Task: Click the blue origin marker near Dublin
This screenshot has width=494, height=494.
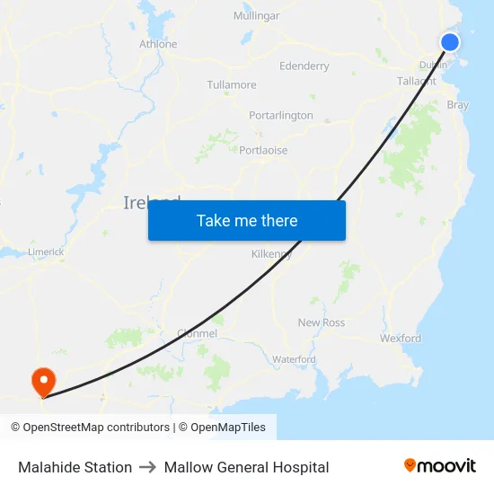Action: coord(450,42)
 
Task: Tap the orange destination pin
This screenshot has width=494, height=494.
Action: coord(42,381)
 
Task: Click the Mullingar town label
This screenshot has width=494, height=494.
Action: coord(256,16)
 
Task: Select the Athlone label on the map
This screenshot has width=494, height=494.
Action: coord(158,44)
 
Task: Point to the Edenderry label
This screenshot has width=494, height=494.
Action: coord(304,66)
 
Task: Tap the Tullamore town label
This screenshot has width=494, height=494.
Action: coord(232,85)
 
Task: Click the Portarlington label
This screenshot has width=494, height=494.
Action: coord(281,116)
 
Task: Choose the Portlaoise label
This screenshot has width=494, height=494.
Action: coord(263,150)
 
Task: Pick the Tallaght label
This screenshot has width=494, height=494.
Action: coord(417,81)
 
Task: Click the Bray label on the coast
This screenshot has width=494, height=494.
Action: coord(457,105)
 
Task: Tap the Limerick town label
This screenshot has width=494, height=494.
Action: coord(46,252)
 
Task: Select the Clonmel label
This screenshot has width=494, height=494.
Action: coord(197,333)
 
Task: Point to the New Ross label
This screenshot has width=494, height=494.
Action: coord(322,322)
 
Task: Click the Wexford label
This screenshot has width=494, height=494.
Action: coord(400,339)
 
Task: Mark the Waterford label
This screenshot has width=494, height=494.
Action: coord(294,359)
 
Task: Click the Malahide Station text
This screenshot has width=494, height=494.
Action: coord(75,467)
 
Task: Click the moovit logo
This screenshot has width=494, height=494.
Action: coord(440,466)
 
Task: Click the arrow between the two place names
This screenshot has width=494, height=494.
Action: coord(148,467)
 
